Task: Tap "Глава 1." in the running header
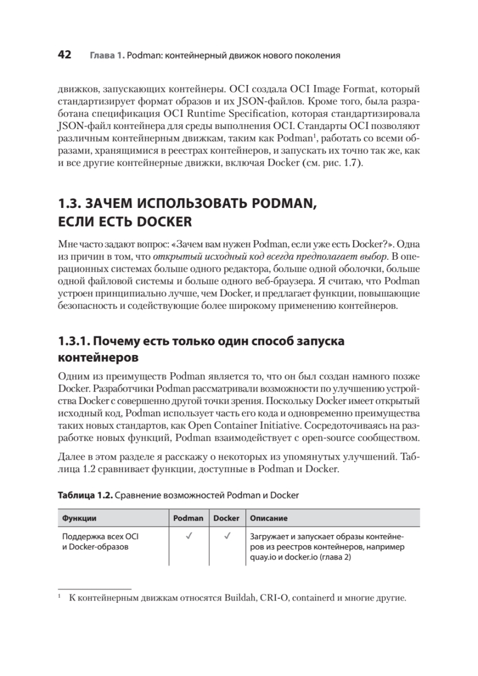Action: click(x=106, y=56)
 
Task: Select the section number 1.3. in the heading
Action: click(x=72, y=203)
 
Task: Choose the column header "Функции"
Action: click(x=79, y=518)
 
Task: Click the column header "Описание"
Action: click(x=269, y=518)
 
